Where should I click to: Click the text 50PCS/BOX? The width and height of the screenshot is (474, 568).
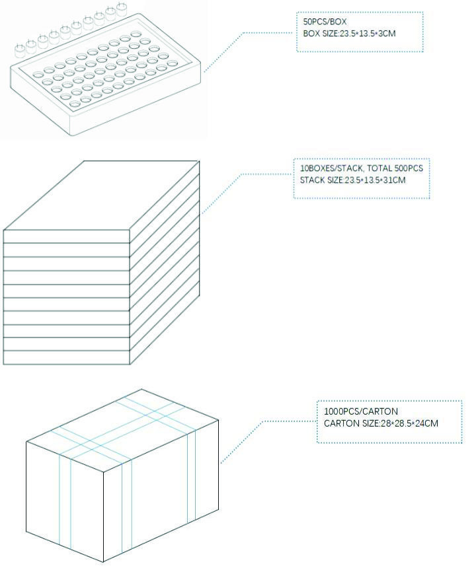pos(325,22)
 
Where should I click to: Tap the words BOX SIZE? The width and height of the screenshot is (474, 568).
pos(320,34)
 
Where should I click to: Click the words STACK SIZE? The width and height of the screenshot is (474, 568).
pos(321,180)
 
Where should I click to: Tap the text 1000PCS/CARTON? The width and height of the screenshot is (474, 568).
pos(360,411)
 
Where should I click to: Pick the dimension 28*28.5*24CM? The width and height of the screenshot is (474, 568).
pos(409,423)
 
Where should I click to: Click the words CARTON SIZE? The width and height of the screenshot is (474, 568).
pos(351,423)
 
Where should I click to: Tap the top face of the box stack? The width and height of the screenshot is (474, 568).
pos(102,195)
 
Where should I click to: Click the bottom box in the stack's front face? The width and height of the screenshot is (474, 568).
pos(67,357)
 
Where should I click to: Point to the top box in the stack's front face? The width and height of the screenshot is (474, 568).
pos(67,236)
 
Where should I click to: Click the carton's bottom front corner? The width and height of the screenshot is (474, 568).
pos(103,562)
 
